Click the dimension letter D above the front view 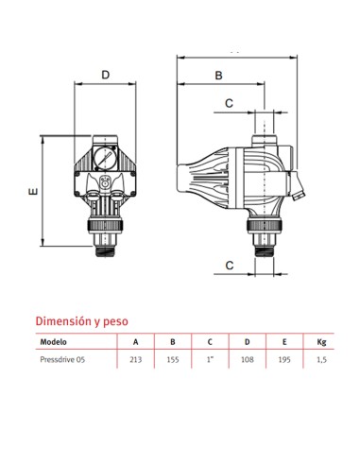[105, 74]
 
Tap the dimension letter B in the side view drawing [217, 75]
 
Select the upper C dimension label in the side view [229, 102]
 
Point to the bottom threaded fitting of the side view [264, 248]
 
